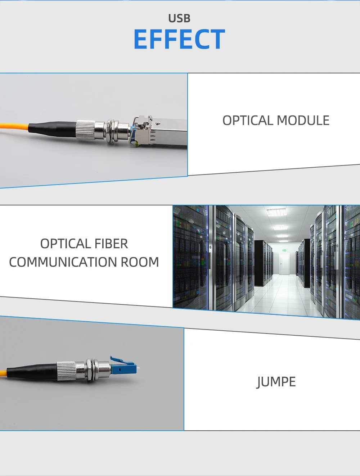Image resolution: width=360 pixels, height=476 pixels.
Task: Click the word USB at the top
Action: (x=179, y=18)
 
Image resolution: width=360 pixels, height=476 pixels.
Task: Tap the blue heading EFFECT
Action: (x=179, y=39)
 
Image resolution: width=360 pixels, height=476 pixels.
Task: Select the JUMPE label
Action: (x=276, y=382)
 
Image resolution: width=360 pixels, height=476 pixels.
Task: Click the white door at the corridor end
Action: (x=284, y=264)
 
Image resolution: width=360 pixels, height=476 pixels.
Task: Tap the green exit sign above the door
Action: (x=284, y=249)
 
